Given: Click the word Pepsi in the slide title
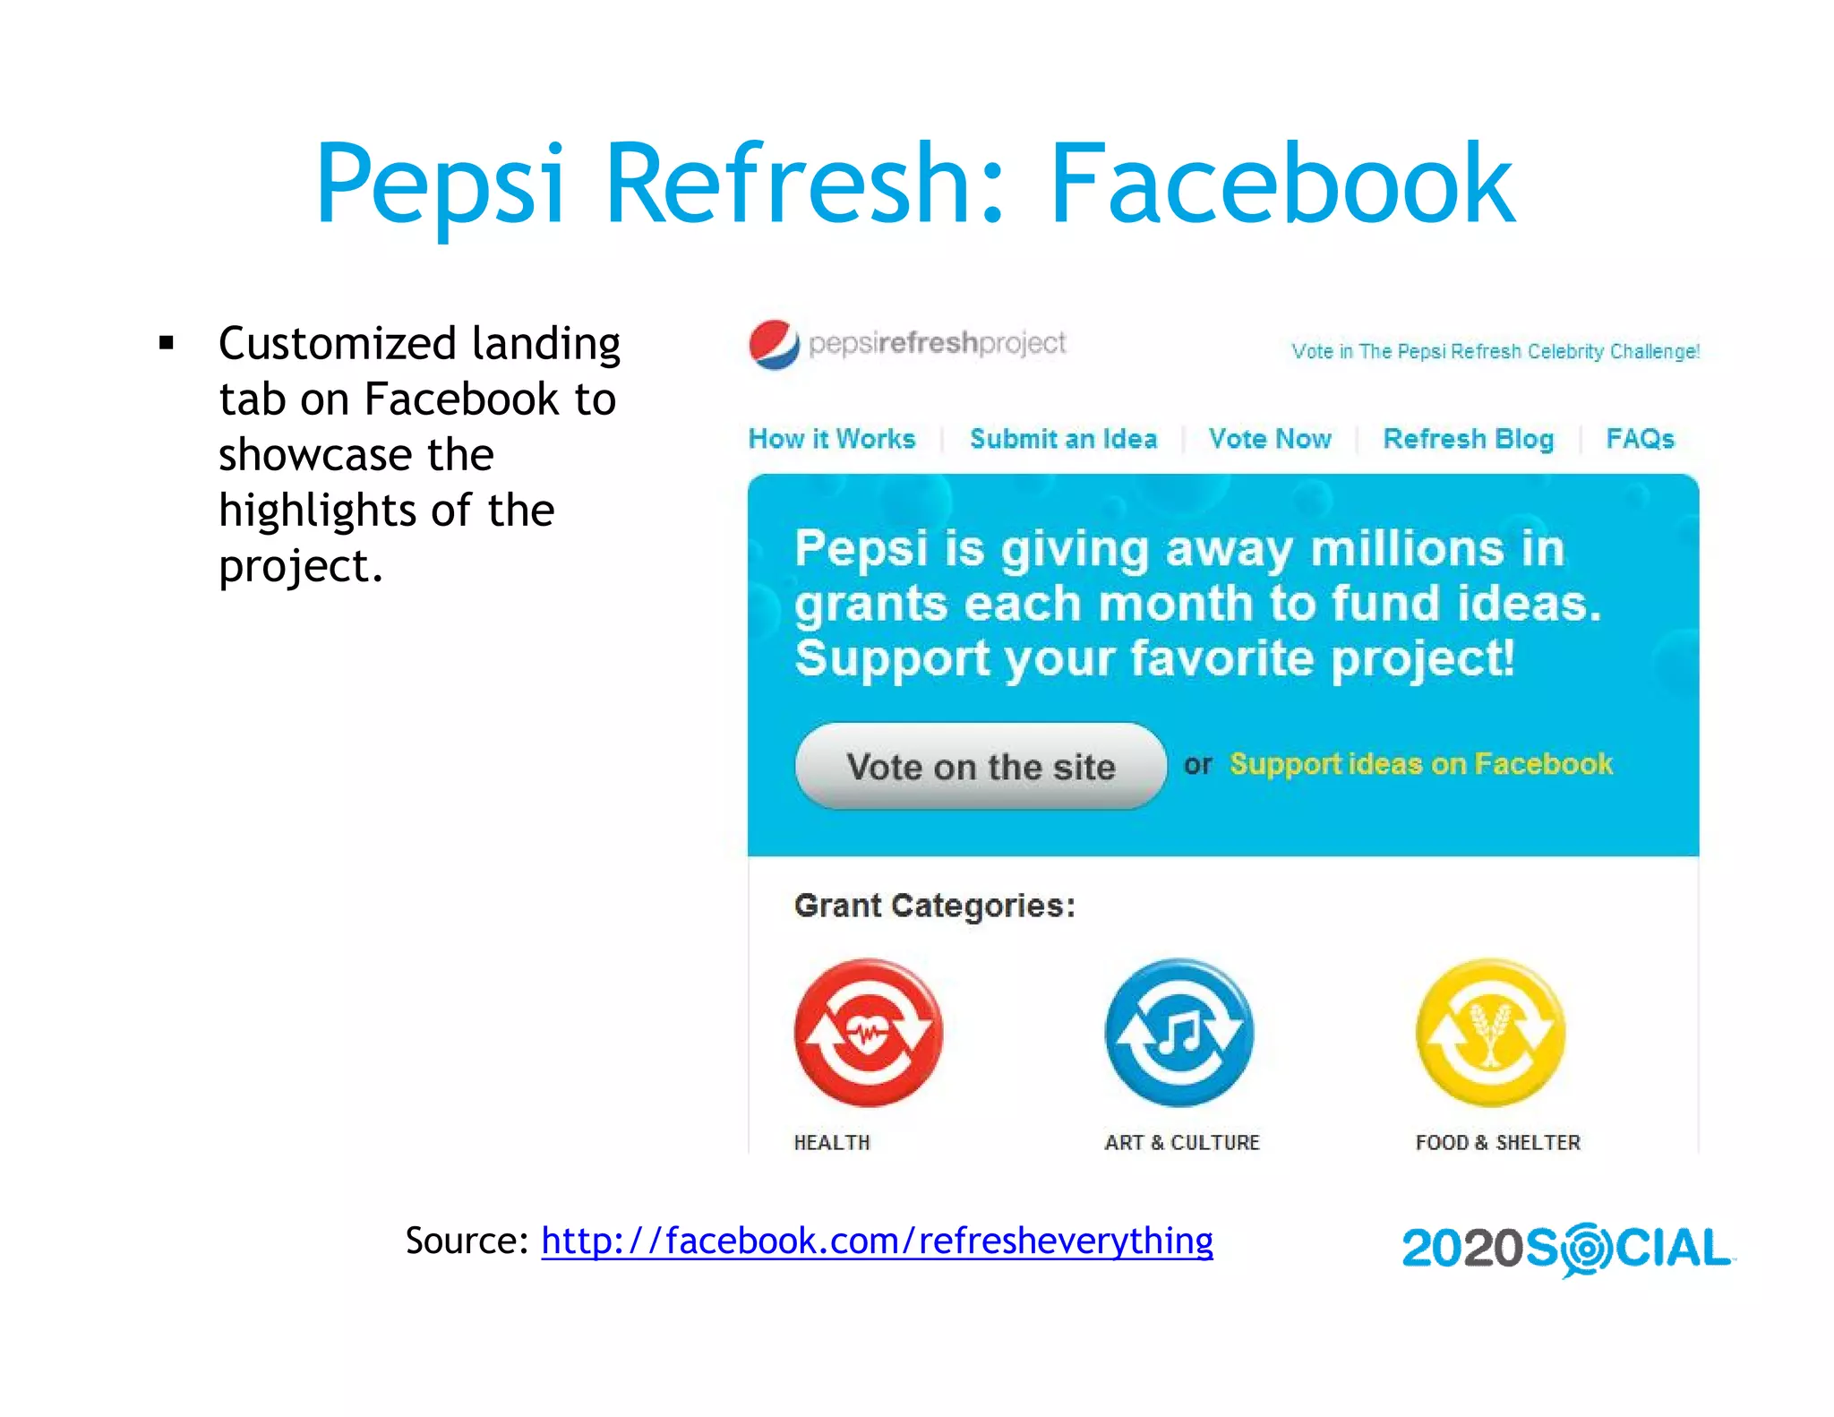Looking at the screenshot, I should [x=441, y=185].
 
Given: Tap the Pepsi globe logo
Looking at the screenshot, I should [x=774, y=345].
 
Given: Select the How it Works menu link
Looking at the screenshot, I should [x=832, y=439].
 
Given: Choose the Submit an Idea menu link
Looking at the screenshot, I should [x=1063, y=439].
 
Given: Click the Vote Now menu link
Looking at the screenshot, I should [x=1270, y=439].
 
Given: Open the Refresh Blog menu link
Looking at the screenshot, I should [x=1468, y=439].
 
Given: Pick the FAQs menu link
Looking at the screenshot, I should [x=1640, y=439].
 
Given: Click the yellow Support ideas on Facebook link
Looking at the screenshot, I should [x=1420, y=764].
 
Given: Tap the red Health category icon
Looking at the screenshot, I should [x=868, y=1033].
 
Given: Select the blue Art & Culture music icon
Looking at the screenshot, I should [x=1179, y=1033].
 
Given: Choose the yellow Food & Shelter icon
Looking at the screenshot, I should [x=1490, y=1033].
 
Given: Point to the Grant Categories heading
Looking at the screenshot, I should [x=934, y=906].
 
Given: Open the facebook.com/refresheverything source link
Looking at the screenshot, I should [x=877, y=1241].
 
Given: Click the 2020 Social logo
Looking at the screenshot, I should [x=1566, y=1249].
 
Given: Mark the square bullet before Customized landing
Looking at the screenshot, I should [x=166, y=343].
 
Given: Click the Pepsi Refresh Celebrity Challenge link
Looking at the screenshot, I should [x=1495, y=351].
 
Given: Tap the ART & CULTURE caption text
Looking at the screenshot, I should [x=1181, y=1143].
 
